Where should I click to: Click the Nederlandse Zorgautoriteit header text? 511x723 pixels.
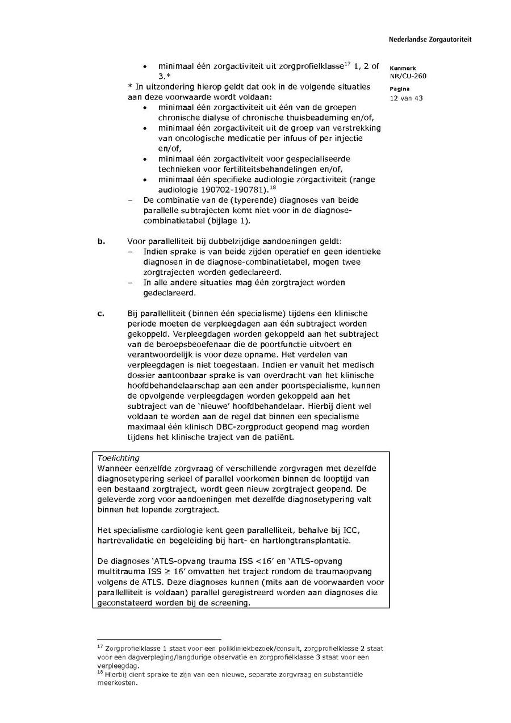point(430,40)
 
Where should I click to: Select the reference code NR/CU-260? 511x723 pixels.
point(408,76)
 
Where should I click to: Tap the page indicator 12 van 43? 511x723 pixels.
point(406,98)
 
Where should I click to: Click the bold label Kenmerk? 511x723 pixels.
point(403,68)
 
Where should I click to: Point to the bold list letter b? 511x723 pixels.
point(101,241)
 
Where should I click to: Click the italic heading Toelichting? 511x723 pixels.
point(118,458)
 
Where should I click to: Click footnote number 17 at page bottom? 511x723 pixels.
point(100,646)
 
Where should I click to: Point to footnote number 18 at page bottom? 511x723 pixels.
point(100,673)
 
